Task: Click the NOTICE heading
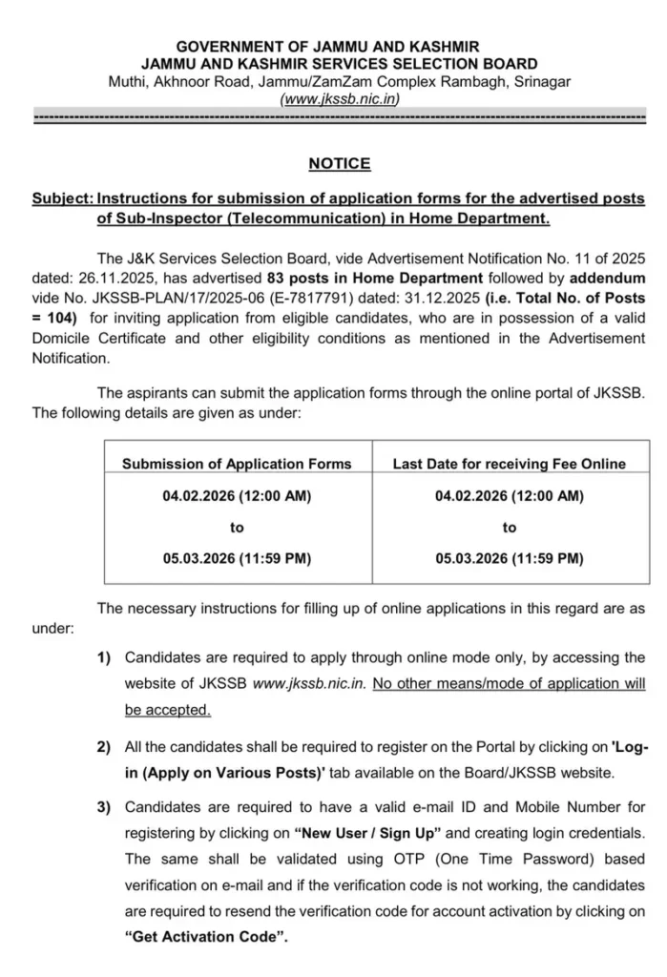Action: coord(339,164)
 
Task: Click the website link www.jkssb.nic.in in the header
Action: coord(339,98)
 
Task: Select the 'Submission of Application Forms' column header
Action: coord(237,464)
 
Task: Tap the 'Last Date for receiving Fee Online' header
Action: coord(510,464)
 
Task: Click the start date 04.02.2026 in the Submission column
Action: coord(237,496)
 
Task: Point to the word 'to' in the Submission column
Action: coord(237,528)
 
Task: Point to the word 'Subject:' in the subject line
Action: coord(62,198)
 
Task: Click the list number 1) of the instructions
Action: coord(103,658)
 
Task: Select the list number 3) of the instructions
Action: coord(103,808)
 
